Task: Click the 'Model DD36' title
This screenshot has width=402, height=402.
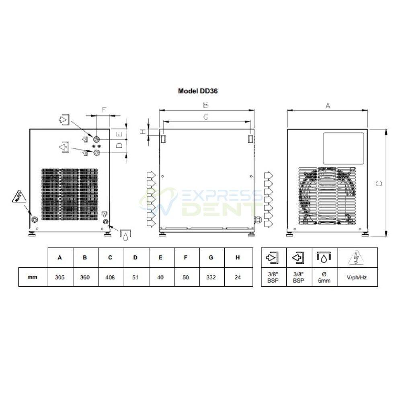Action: click(x=198, y=91)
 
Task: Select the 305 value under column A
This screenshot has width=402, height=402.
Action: click(x=60, y=277)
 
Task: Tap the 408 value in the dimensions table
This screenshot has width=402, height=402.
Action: click(x=110, y=277)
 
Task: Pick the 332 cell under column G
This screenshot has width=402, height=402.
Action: click(x=211, y=277)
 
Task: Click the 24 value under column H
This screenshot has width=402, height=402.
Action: click(x=238, y=277)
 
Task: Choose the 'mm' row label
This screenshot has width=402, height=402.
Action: click(x=32, y=277)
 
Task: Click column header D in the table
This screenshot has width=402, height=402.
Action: click(x=135, y=257)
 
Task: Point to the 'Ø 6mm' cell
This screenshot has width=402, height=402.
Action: click(x=324, y=277)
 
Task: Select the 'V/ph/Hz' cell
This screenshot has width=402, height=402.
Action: click(x=357, y=277)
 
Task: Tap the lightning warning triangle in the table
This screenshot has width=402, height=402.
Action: click(x=356, y=258)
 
